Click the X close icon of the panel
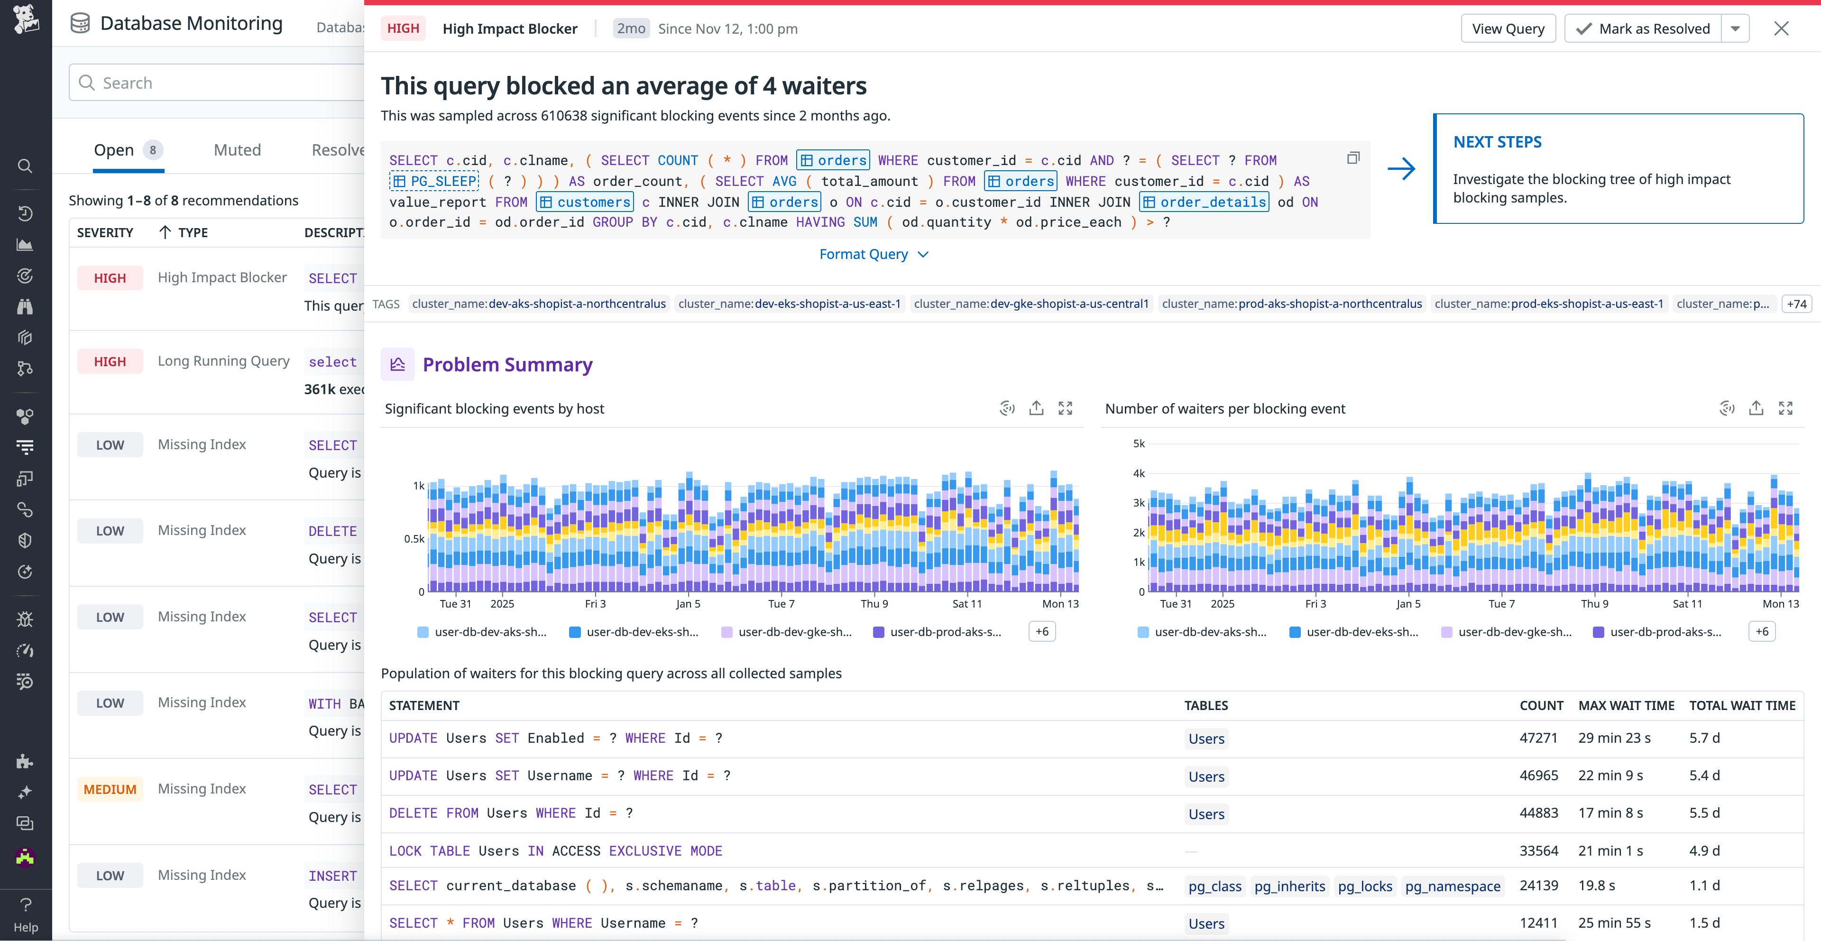click(1781, 29)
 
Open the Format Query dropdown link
click(873, 255)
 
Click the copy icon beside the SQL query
click(1353, 158)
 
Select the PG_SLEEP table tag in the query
click(434, 182)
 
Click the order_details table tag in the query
click(1204, 202)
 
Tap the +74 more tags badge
click(1796, 304)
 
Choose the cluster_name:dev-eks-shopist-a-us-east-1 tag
click(789, 304)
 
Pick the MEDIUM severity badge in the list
click(110, 790)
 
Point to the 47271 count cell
click(1538, 738)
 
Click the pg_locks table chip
click(1364, 886)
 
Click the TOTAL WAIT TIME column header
click(1742, 706)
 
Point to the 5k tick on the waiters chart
click(1138, 444)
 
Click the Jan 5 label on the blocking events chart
click(688, 604)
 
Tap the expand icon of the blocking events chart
click(1065, 409)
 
